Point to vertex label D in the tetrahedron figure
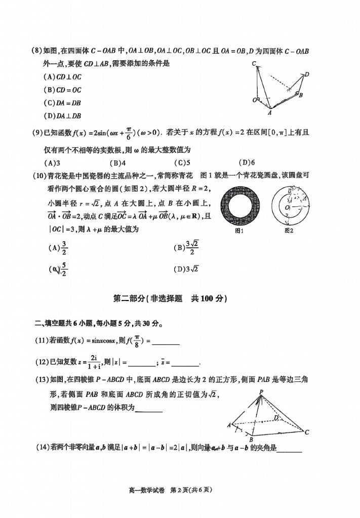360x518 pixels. pos(307,74)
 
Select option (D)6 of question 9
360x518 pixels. pos(246,163)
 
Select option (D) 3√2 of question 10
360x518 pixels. pos(187,269)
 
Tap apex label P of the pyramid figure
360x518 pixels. pos(262,392)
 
